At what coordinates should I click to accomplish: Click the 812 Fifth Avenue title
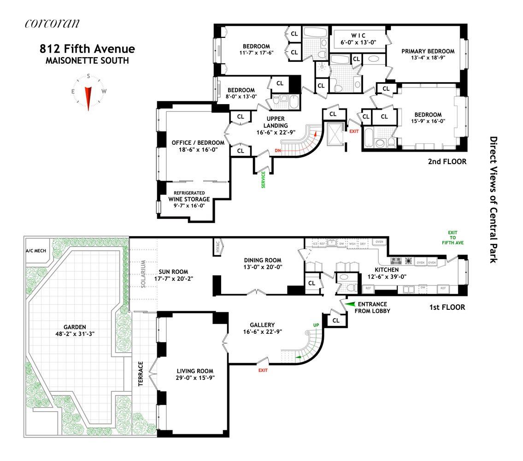click(87, 49)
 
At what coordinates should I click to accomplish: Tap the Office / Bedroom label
click(194, 142)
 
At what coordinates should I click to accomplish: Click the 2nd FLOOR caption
click(446, 162)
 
